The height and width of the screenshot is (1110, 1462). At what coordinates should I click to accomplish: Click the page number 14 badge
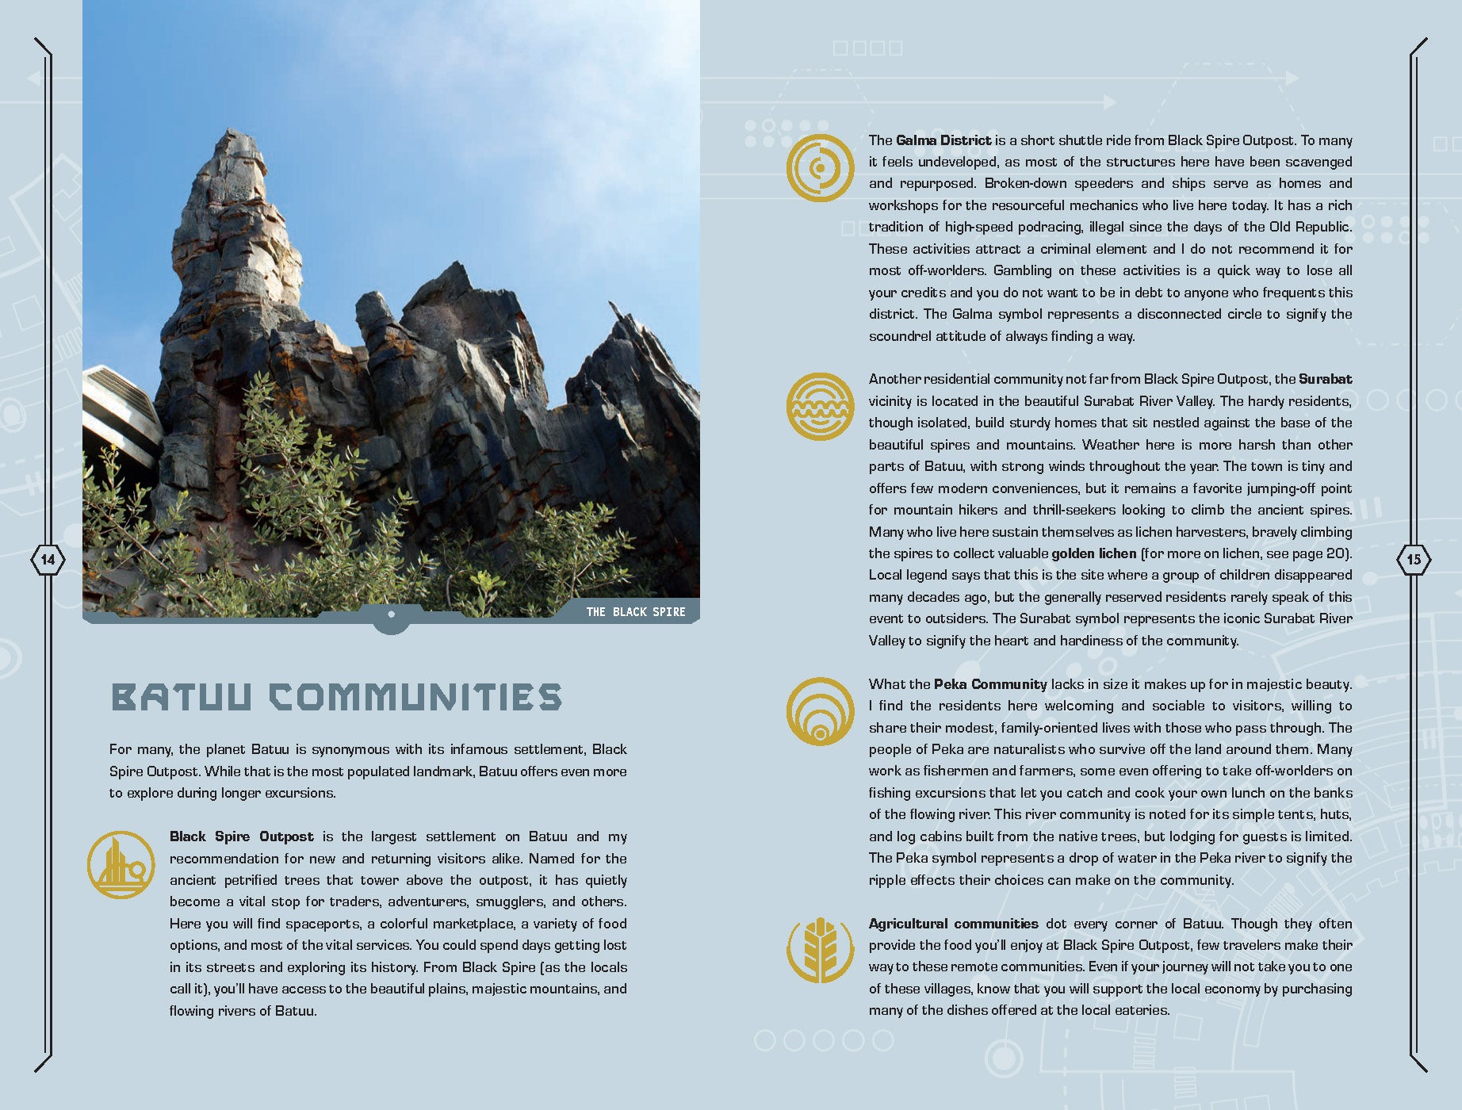[x=48, y=560]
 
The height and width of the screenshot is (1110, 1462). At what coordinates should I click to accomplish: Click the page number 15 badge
[x=1414, y=560]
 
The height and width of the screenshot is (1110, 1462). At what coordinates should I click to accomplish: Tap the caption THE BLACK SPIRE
[x=635, y=612]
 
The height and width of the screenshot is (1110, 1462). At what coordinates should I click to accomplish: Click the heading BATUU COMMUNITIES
[x=336, y=698]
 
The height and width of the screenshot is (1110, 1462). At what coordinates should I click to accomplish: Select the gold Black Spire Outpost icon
[x=121, y=865]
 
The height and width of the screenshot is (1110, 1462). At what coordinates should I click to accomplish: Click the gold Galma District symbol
[x=820, y=168]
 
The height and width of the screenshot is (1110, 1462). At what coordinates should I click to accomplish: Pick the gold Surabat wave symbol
[x=820, y=407]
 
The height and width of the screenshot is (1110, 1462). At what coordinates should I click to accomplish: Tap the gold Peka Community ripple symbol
[x=820, y=711]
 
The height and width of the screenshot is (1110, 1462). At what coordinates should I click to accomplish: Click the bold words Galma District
[x=943, y=140]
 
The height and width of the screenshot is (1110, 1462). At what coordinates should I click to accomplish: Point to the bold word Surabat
[x=1325, y=379]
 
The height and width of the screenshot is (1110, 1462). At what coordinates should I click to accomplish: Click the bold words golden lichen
[x=1093, y=553]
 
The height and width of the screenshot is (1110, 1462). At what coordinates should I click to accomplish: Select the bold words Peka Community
[x=989, y=684]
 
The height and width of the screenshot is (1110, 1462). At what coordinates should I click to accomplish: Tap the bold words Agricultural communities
[x=953, y=924]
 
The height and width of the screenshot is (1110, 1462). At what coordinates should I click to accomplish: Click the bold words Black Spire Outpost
[x=241, y=836]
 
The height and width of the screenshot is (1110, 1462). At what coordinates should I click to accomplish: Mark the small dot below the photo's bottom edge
[x=391, y=614]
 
